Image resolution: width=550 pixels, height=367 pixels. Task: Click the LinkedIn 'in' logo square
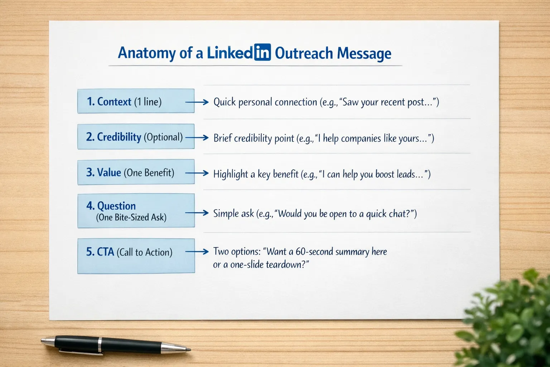click(x=262, y=52)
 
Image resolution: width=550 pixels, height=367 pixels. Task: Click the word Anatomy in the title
click(x=147, y=53)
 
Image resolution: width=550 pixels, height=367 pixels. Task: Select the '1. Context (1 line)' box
click(x=136, y=101)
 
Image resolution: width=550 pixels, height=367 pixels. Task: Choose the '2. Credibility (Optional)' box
click(x=136, y=137)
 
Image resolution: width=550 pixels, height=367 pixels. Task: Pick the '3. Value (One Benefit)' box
click(x=136, y=172)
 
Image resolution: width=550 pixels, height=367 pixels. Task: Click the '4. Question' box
click(x=136, y=211)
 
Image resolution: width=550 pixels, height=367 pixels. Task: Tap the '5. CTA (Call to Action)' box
click(x=136, y=256)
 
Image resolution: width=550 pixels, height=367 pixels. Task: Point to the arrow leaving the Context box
click(x=197, y=103)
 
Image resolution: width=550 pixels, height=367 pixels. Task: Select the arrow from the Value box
click(x=197, y=173)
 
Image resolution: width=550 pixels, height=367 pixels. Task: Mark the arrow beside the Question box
click(x=197, y=213)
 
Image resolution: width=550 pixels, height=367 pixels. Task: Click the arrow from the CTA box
click(x=197, y=252)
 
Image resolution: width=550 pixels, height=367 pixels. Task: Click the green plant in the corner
click(x=512, y=323)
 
